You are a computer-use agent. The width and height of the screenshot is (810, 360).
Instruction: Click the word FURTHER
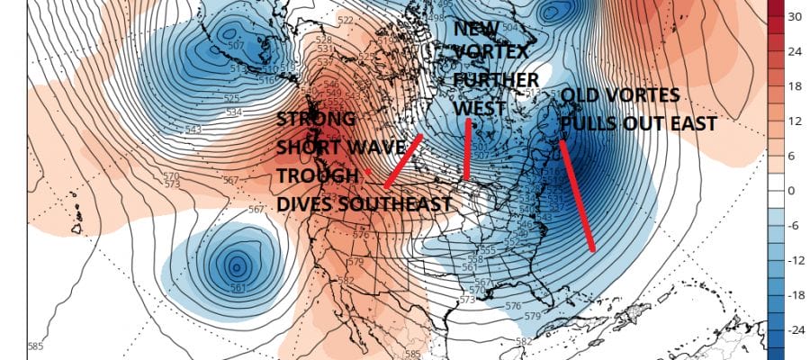click(491, 82)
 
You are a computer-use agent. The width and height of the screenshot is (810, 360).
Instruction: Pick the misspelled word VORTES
click(664, 96)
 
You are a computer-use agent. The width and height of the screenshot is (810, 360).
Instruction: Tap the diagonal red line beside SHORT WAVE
click(403, 161)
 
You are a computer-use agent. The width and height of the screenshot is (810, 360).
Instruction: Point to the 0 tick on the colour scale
click(794, 191)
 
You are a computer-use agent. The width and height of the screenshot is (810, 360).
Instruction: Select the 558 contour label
click(488, 258)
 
